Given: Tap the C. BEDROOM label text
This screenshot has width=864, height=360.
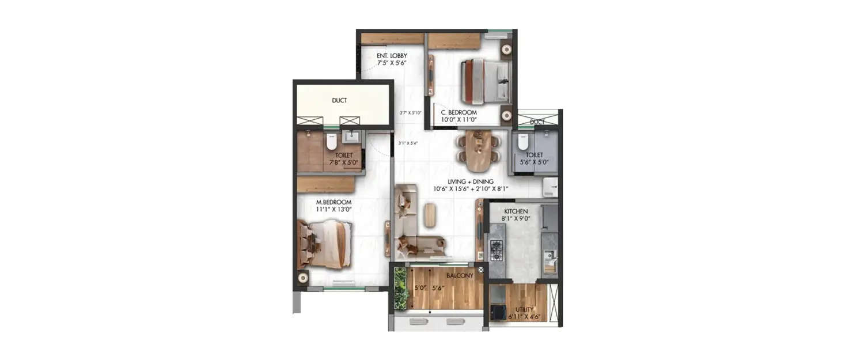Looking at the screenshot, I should (459, 112).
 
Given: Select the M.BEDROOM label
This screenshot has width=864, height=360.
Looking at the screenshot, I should (334, 202).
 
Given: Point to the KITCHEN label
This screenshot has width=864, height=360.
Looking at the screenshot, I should (517, 211).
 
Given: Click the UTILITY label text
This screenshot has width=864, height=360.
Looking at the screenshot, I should (524, 309).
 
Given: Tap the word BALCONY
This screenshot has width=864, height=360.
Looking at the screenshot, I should (460, 275).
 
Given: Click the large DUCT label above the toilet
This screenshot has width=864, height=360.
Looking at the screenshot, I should (339, 100).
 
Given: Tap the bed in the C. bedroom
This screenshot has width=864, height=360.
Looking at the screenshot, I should (486, 81).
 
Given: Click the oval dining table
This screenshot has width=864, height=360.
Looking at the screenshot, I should (478, 151).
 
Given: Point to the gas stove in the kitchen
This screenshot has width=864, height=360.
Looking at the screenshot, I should (496, 250).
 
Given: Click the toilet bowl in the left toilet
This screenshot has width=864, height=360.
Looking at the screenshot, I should (331, 142).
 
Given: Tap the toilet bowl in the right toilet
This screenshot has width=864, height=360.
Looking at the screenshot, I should (522, 141).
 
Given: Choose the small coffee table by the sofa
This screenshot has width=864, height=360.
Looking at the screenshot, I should (430, 215).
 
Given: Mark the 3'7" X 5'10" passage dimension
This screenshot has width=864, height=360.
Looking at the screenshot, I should (411, 113).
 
